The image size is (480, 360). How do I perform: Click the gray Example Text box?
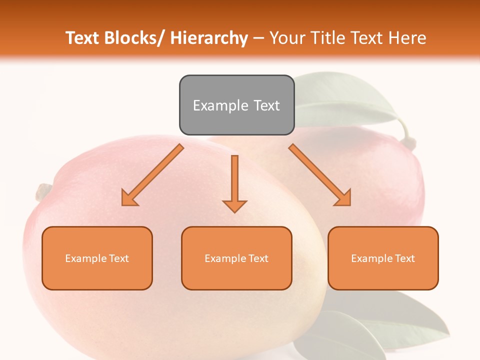[x=236, y=105]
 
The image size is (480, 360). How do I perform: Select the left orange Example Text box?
[x=97, y=258]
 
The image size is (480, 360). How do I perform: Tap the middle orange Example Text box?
[x=236, y=258]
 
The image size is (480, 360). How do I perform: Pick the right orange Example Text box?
[x=383, y=258]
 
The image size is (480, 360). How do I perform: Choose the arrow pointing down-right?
[x=320, y=175]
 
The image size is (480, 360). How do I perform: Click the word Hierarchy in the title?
[x=209, y=38]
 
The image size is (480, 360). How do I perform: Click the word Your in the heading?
[x=287, y=38]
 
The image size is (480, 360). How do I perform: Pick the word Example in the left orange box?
[x=85, y=258]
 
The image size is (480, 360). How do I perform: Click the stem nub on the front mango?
[x=43, y=190]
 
